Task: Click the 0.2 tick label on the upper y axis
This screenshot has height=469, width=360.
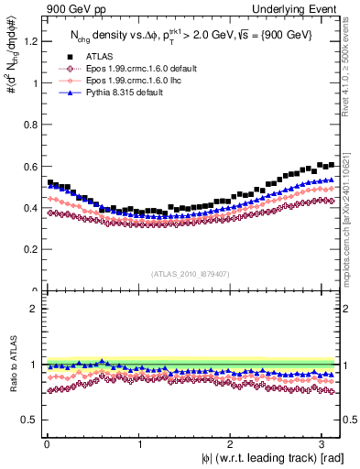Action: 29,250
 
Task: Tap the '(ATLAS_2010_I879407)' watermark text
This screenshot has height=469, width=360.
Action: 191,273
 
